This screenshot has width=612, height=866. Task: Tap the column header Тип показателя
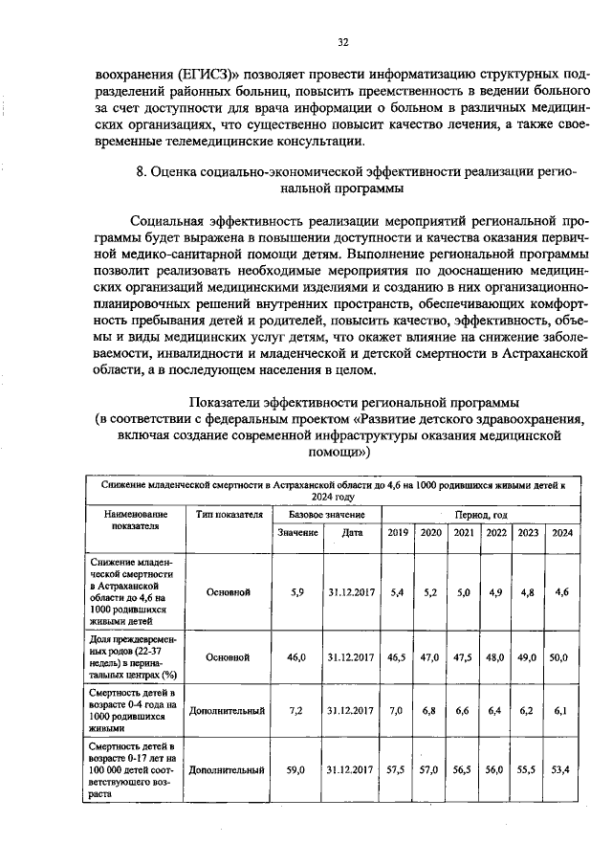click(x=229, y=514)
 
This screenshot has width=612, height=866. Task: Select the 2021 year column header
click(x=464, y=532)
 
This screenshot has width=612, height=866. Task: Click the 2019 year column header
click(x=399, y=532)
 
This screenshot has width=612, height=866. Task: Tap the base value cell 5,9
click(x=297, y=592)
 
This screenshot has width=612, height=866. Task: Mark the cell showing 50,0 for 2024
click(x=559, y=657)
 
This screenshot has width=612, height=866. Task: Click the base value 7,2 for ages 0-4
click(x=297, y=711)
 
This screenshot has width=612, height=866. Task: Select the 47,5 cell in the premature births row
click(x=464, y=657)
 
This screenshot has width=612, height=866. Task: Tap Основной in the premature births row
click(x=229, y=657)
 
